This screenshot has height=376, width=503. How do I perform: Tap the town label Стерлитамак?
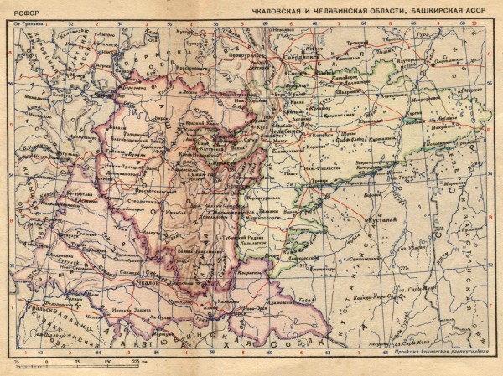tap(143, 202)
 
